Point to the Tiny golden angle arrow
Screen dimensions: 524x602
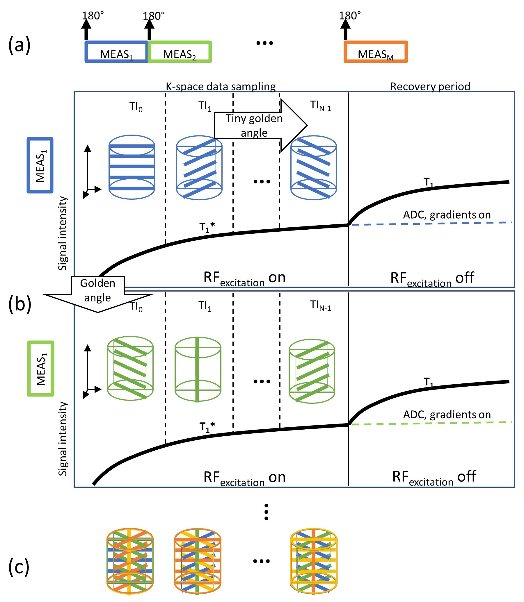[x=260, y=126]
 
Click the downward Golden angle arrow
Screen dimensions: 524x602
[x=98, y=294]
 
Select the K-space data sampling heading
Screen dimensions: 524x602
[x=221, y=86]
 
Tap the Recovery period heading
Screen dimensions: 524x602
[x=430, y=86]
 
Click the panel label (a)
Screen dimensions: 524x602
[x=19, y=45]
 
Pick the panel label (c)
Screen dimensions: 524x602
[x=19, y=566]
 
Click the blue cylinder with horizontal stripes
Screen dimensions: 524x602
[x=132, y=167]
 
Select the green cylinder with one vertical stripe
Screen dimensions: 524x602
[x=198, y=370]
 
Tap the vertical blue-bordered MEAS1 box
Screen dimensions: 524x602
[x=40, y=165]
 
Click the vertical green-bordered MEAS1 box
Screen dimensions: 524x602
[x=41, y=369]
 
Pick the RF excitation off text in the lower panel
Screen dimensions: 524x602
[x=434, y=477]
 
